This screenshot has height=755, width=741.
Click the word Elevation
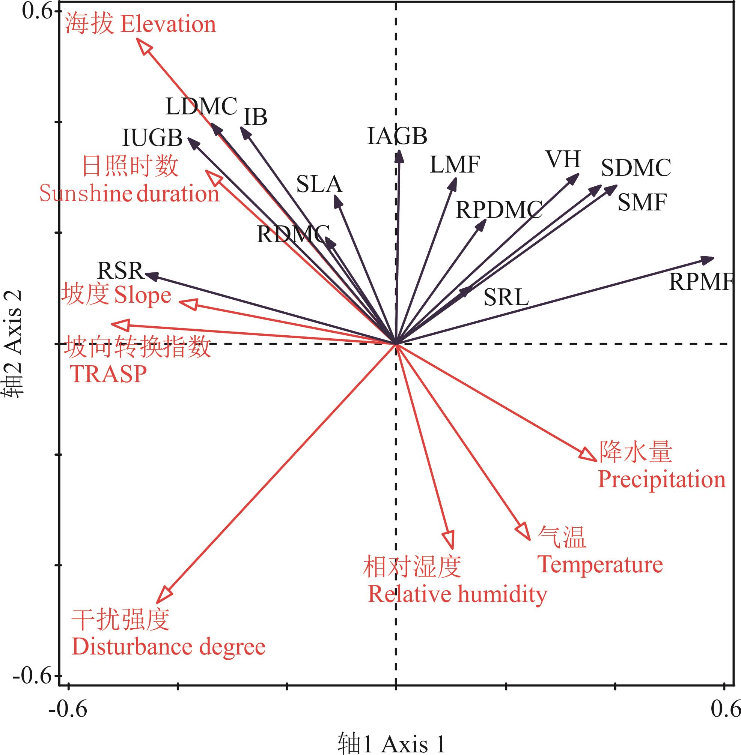coord(168,24)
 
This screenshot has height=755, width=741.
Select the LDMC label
coord(201,107)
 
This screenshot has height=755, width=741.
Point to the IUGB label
coord(152,138)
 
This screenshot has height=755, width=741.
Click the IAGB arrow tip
coord(399,156)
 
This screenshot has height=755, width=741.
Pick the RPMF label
coord(700,282)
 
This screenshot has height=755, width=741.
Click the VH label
coord(563,159)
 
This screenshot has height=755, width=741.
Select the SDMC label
coord(636,168)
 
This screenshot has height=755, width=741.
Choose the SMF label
coord(642,203)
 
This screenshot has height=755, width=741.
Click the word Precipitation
coord(661,479)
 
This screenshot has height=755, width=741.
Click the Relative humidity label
coord(457,594)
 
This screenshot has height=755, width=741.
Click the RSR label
coord(120,270)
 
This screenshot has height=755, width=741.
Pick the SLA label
coord(319,184)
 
